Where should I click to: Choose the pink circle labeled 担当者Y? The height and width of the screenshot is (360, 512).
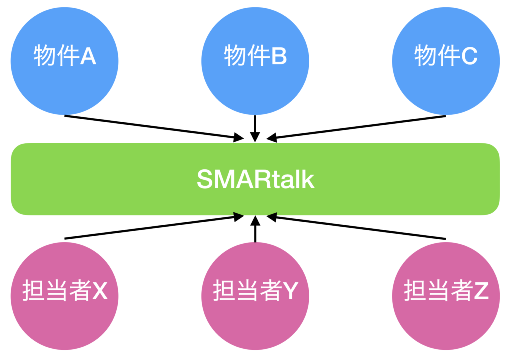point(255,310)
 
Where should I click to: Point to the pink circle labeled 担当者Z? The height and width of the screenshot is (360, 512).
point(446,310)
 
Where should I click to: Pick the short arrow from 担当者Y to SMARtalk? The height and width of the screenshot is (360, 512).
point(255,229)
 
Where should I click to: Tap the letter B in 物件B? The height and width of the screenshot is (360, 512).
point(279,57)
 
